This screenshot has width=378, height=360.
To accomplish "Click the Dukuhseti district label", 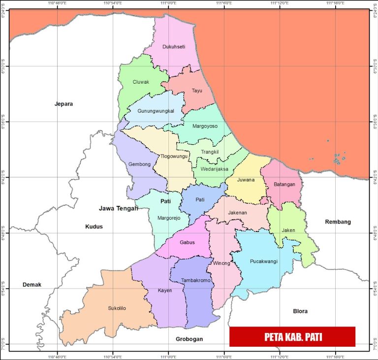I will pyautogui.click(x=174, y=47).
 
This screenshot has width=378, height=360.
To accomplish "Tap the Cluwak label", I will pyautogui.click(x=141, y=82).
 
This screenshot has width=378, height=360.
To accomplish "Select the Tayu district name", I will pyautogui.click(x=197, y=91).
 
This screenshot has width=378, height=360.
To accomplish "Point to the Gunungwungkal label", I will pyautogui.click(x=156, y=111).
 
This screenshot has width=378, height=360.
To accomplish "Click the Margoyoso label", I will pyautogui.click(x=205, y=126).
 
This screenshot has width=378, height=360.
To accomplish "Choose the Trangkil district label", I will pyautogui.click(x=210, y=152).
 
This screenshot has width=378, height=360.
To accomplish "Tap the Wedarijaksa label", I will pyautogui.click(x=215, y=169).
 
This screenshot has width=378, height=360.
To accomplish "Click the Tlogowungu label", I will pyautogui.click(x=174, y=157).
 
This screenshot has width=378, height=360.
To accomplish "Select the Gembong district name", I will pyautogui.click(x=139, y=164).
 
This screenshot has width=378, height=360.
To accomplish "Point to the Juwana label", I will pyautogui.click(x=246, y=180).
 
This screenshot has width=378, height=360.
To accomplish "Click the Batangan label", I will pyautogui.click(x=284, y=185).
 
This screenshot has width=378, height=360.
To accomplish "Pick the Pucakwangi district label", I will pyautogui.click(x=264, y=262).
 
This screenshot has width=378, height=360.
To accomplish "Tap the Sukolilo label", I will pyautogui.click(x=117, y=308).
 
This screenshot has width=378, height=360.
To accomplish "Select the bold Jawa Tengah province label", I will pyautogui.click(x=119, y=208).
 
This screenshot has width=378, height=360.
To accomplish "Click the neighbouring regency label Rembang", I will pyautogui.click(x=338, y=222).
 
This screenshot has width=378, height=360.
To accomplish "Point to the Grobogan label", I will pyautogui.click(x=189, y=339).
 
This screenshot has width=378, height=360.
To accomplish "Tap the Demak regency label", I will pyautogui.click(x=32, y=285).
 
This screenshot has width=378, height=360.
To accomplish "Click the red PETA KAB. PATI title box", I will pyautogui.click(x=292, y=337).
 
